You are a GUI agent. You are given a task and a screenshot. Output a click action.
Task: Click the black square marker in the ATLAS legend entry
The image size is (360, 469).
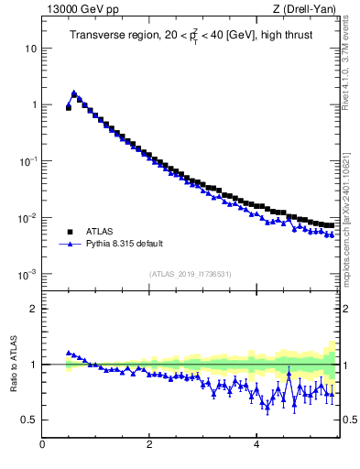point(69,232)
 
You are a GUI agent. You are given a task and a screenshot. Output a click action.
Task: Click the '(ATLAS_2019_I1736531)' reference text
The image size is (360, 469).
point(191,274)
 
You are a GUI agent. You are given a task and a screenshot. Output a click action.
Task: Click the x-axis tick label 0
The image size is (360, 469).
point(42,446)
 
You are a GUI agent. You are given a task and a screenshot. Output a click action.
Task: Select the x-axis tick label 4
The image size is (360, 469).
point(256,446)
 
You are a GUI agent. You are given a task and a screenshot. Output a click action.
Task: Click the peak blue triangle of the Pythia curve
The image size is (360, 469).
point(74,93)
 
